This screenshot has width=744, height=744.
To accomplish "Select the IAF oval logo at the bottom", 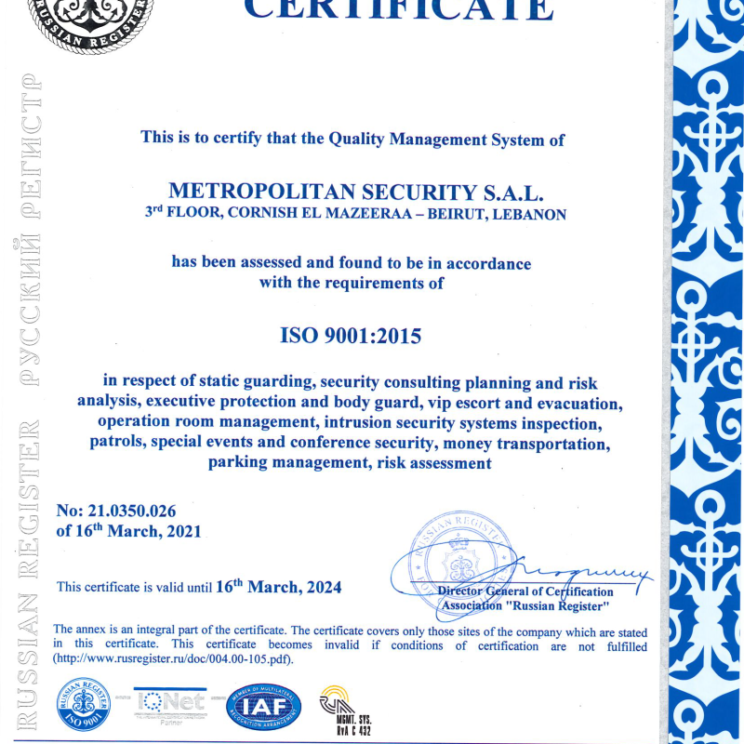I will coord(265,707).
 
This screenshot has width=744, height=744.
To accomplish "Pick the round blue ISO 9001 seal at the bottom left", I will coord(84,705).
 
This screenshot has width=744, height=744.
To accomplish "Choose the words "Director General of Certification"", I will coord(525,591).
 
